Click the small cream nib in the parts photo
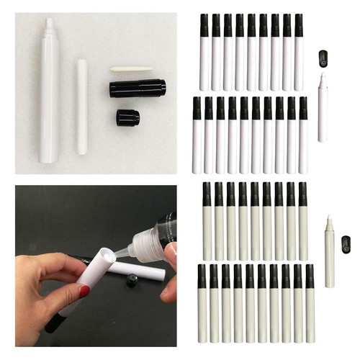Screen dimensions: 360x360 point(131,69)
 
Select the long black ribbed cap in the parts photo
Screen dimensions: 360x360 point(137,88)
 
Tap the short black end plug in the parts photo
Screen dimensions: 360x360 point(127,117)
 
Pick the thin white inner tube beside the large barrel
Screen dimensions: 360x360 point(82,106)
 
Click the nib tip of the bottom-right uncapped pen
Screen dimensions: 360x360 point(329,219)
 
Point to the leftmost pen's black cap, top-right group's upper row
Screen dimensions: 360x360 point(204,25)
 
